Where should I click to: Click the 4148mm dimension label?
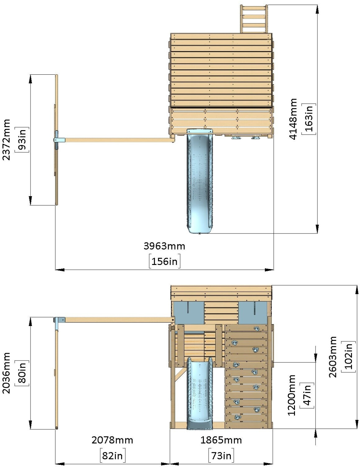coord(293,119)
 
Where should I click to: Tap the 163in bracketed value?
coord(309,119)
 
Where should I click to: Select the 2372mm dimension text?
coord(6,139)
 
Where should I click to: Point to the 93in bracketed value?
coord(22,139)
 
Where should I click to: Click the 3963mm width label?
coord(164,246)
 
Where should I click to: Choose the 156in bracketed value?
coord(164,261)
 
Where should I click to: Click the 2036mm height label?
coord(6,373)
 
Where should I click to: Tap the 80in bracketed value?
coord(22,373)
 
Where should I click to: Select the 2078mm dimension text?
coord(112,440)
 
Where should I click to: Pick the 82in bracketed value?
coord(112,455)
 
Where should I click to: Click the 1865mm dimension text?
coord(221,440)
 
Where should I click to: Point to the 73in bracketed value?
coord(221,455)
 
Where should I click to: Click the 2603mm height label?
coord(333,357)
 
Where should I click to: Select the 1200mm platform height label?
coord(291,395)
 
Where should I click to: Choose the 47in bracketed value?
coord(307,395)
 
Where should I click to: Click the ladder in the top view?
coord(254,19)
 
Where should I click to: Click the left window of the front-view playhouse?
coord(189,312)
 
